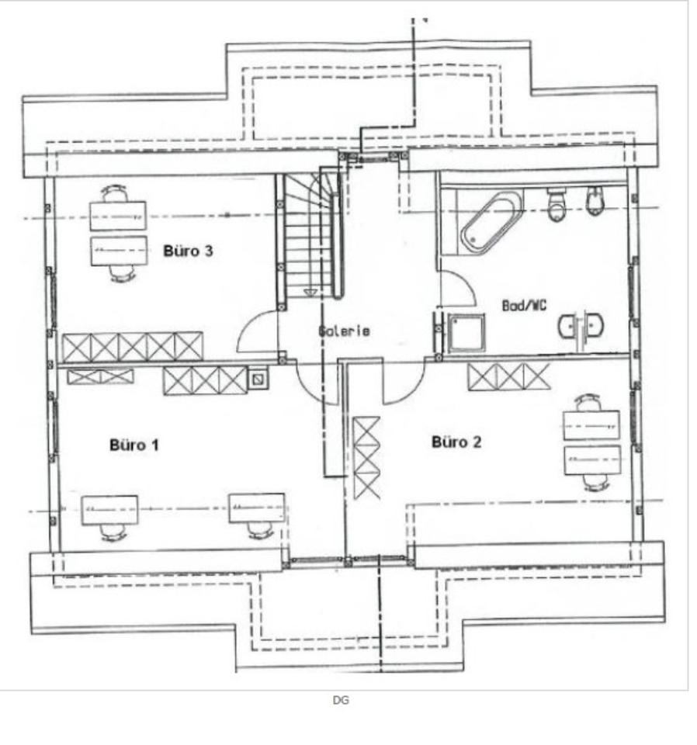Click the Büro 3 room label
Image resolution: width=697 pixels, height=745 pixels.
point(188,251)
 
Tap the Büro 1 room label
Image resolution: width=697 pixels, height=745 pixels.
point(134,445)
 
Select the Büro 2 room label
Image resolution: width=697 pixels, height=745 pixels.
point(456,442)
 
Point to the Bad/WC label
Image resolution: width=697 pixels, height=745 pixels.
point(525,306)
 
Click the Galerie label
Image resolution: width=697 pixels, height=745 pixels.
point(344,331)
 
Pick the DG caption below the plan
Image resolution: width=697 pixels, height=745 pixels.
point(341,700)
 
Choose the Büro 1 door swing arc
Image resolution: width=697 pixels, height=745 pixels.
point(314,383)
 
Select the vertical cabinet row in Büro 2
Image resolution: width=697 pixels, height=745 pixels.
point(366,458)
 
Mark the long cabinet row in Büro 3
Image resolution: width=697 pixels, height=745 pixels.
point(133,346)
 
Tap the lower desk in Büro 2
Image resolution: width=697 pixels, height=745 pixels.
point(591,461)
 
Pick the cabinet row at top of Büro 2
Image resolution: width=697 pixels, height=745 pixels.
point(508,376)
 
